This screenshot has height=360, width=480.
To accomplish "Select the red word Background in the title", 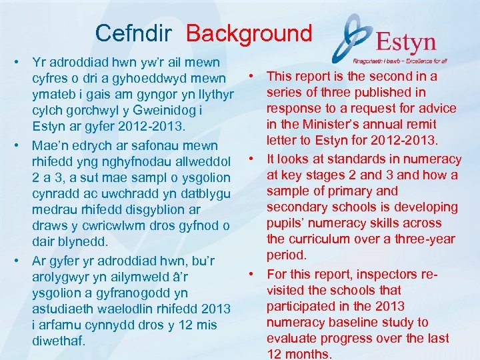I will [249, 33].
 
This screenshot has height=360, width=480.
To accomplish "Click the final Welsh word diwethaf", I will [59, 341].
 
